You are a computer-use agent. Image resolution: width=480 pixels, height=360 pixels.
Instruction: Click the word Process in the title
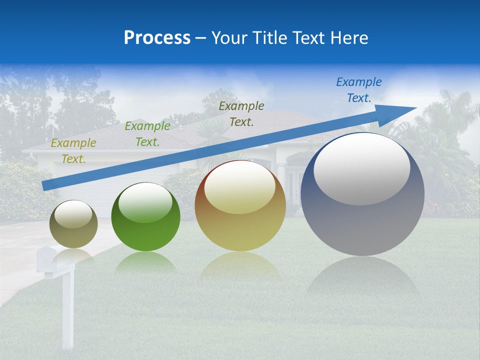157,38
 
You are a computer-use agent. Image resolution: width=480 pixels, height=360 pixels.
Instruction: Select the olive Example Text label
73,151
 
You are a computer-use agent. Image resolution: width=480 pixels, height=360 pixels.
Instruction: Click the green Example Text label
147,134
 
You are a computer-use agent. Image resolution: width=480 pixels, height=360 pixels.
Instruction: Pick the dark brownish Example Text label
241,113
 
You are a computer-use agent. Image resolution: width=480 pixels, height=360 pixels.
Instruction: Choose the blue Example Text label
358,90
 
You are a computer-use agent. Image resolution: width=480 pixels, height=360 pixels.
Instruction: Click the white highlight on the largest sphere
361,169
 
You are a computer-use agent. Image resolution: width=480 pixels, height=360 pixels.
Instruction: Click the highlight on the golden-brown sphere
240,188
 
